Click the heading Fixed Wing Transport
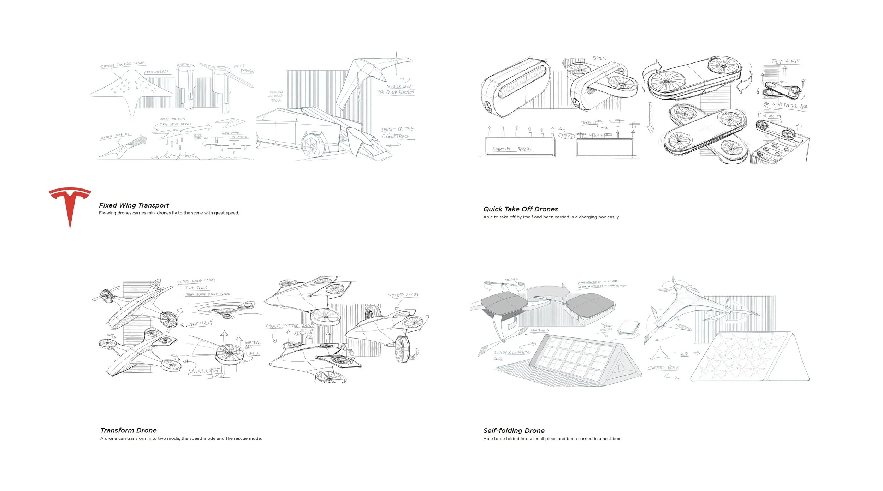[134, 205]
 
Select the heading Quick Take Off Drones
[520, 209]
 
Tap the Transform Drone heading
[129, 430]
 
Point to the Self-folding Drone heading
[514, 431]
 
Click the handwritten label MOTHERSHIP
[156, 72]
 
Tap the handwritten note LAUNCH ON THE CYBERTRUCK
[397, 133]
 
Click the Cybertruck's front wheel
[311, 145]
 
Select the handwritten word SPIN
[599, 58]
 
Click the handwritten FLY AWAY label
[786, 61]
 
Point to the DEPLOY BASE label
[512, 149]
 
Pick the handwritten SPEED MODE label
[403, 295]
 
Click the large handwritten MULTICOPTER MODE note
[206, 372]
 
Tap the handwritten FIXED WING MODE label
[196, 281]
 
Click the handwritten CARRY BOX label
[663, 368]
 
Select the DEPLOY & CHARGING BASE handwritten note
[511, 354]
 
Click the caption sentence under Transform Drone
[181, 439]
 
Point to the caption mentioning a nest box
[552, 439]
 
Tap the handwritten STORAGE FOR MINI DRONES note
[123, 65]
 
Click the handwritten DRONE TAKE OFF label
[115, 136]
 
